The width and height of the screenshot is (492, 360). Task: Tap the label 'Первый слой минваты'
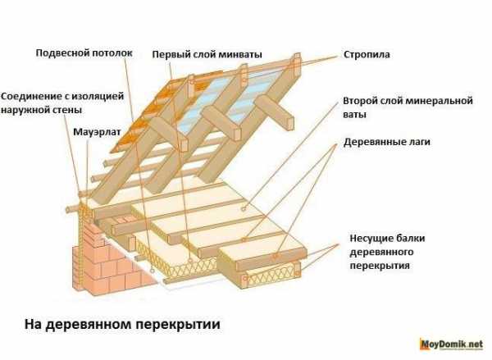[207, 55]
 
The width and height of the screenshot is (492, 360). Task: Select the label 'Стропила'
[367, 55]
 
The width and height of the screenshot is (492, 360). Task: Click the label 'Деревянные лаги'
[387, 142]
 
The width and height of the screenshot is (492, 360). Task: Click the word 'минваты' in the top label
[239, 55]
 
